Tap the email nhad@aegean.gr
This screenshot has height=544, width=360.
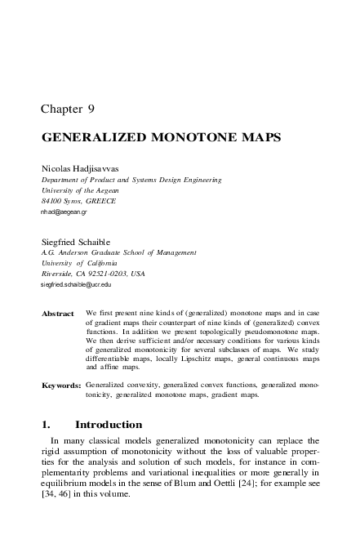pos(63,212)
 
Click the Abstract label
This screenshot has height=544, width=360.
pos(57,314)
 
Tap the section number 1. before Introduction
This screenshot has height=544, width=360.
pos(46,425)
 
